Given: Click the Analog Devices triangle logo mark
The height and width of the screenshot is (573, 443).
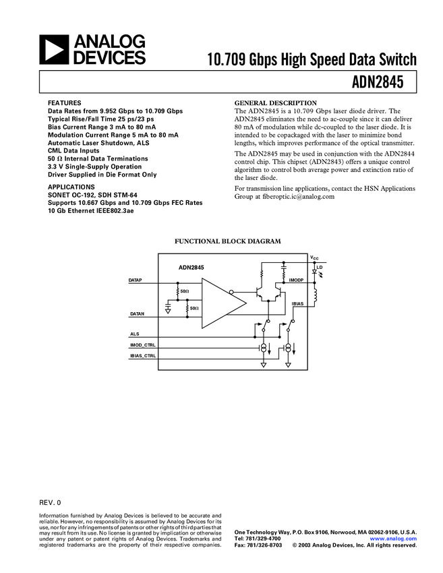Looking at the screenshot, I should click(x=55, y=50).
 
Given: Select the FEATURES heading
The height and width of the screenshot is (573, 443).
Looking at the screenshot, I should click(x=65, y=103).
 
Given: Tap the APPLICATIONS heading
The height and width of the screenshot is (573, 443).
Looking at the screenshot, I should click(x=71, y=187).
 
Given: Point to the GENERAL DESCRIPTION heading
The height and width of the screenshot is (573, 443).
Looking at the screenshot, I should click(x=275, y=103).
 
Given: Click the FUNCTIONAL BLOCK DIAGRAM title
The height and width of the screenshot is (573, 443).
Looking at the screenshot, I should click(x=228, y=241).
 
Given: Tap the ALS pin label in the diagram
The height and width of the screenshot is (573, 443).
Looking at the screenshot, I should click(x=135, y=334).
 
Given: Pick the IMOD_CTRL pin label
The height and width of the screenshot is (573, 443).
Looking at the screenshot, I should click(x=143, y=345).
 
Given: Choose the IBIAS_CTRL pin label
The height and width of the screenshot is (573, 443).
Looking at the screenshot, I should click(x=143, y=355).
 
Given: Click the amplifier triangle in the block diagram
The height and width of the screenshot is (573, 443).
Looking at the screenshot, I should click(x=221, y=303).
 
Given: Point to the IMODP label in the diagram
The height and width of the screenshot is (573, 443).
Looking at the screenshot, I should click(x=297, y=279).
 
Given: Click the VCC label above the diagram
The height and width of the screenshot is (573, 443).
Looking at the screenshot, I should click(x=314, y=258).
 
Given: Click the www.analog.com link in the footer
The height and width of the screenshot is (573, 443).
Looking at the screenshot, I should click(x=393, y=539).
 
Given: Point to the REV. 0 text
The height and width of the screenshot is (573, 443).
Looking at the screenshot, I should click(x=50, y=502).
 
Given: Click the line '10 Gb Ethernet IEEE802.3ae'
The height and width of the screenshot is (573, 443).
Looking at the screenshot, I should click(x=91, y=210).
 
